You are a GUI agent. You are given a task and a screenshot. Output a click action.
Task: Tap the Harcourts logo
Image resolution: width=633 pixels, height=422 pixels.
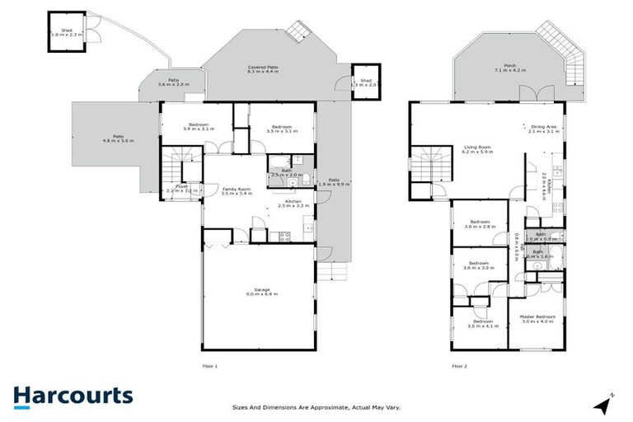pyautogui.click(x=73, y=396)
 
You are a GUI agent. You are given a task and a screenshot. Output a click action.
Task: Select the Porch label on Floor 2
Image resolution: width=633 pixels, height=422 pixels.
pyautogui.click(x=502, y=69)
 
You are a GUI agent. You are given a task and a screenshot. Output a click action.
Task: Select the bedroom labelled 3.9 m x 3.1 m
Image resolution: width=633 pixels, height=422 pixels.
pyautogui.click(x=197, y=127)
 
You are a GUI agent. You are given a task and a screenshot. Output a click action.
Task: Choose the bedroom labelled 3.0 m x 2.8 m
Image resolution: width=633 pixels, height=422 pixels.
pyautogui.click(x=480, y=224)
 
